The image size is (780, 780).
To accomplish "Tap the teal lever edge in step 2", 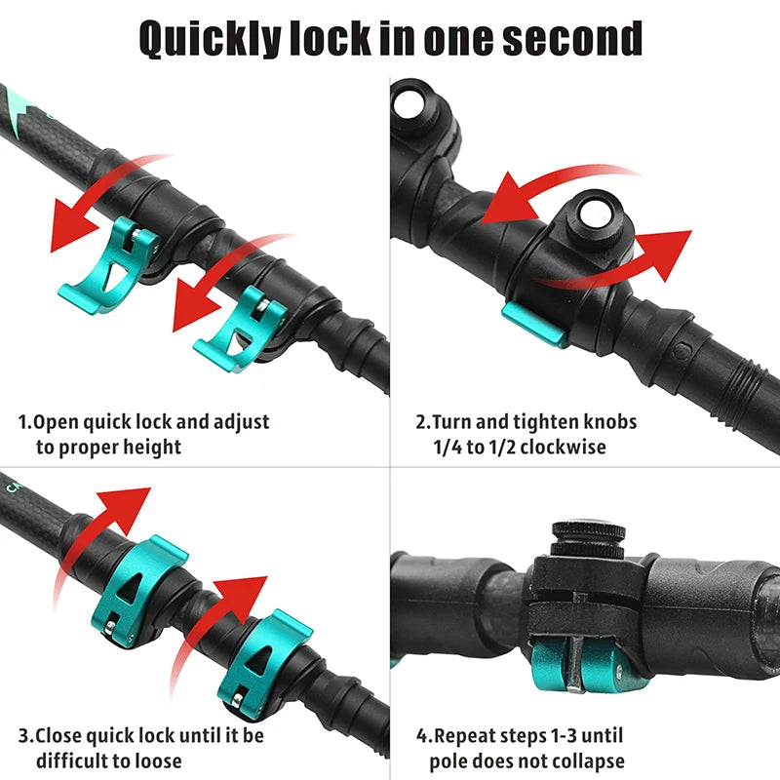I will coord(535,325).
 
